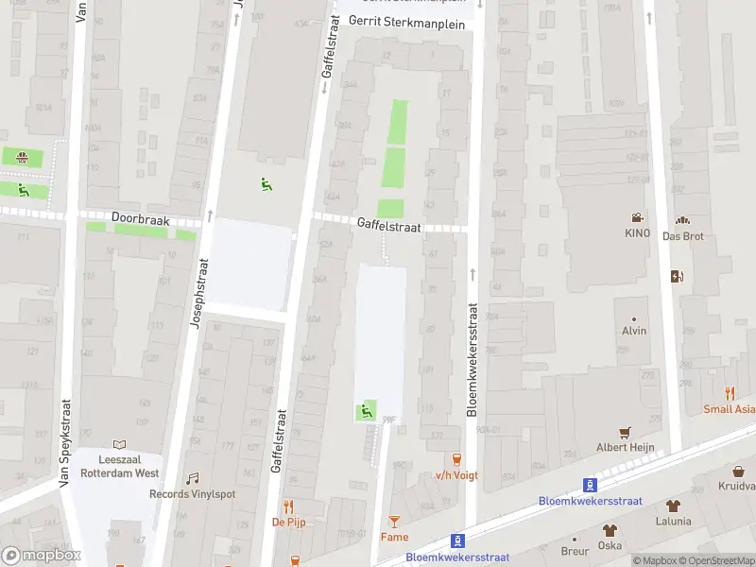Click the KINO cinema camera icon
click(637, 217)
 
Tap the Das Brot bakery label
click(683, 235)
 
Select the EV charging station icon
click(676, 277)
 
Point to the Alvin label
click(634, 331)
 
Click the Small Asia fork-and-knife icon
click(730, 393)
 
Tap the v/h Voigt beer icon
click(457, 459)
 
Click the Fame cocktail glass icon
click(395, 521)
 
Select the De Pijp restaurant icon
click(289, 506)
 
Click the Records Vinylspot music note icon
click(193, 478)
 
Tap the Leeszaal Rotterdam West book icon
click(119, 444)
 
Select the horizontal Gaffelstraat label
click(388, 224)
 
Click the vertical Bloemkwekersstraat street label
click(472, 359)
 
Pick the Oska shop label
click(610, 545)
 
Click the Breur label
click(575, 551)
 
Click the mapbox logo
click(41, 556)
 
